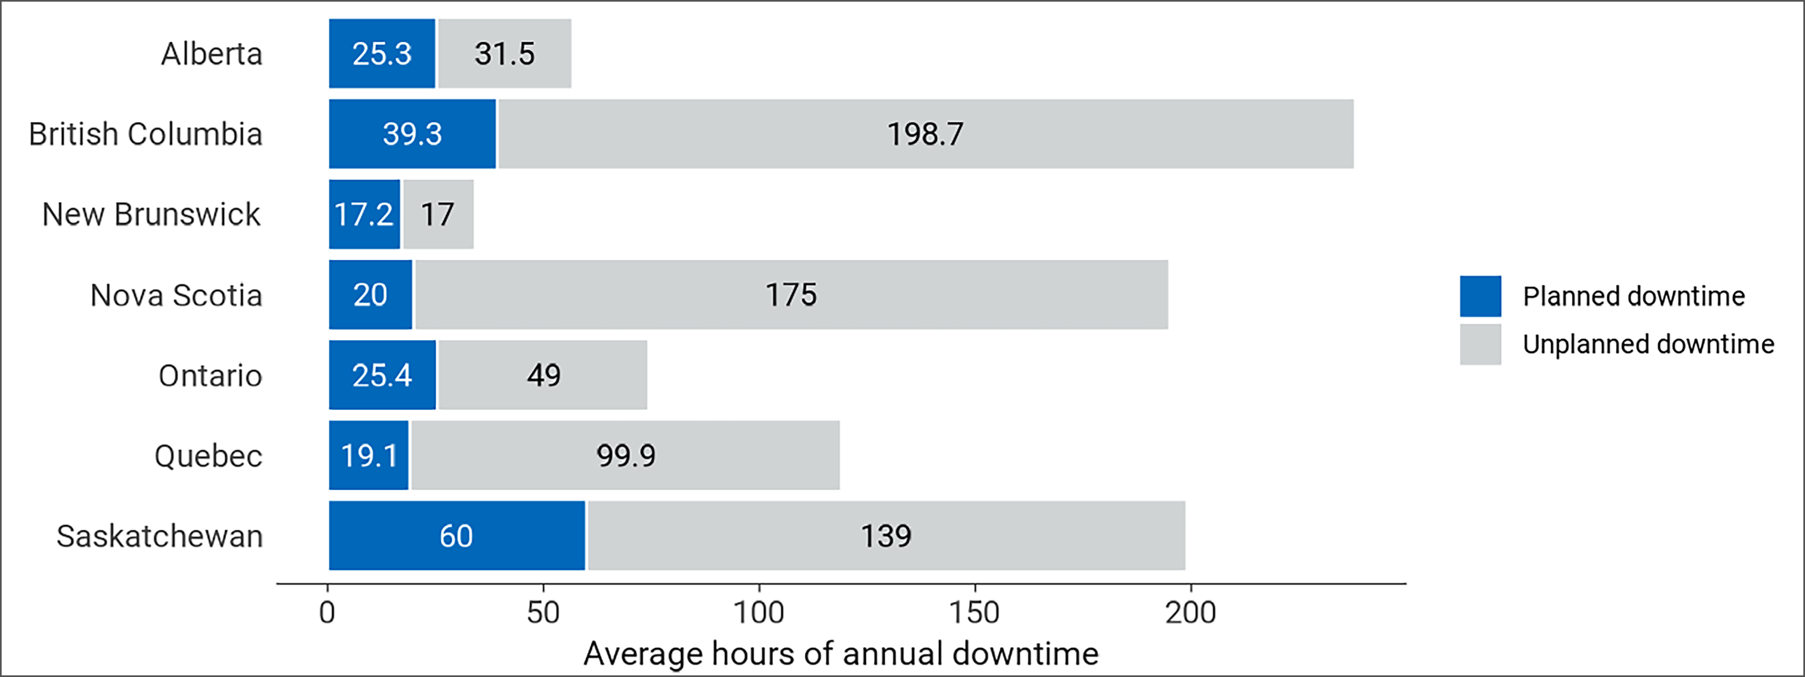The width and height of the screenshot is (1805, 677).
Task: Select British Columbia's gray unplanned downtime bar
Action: (x=925, y=134)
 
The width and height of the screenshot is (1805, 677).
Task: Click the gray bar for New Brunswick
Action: (x=438, y=214)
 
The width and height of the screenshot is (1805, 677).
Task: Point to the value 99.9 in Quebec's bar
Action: (x=626, y=456)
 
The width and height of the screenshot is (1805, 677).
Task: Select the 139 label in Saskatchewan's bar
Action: (x=886, y=536)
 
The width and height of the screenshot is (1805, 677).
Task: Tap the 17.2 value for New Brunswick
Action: (x=363, y=214)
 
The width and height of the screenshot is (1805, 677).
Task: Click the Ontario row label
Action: (x=210, y=376)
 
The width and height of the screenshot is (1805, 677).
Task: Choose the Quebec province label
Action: (x=208, y=456)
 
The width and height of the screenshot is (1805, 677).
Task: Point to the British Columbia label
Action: (x=145, y=134)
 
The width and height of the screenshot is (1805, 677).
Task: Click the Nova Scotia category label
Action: (x=176, y=295)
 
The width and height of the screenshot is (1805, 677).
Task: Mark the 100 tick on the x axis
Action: (x=759, y=613)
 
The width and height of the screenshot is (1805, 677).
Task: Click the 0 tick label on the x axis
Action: (x=327, y=613)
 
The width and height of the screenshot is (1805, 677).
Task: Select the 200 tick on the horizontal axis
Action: (x=1191, y=613)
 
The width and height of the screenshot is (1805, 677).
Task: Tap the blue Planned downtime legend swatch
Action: (x=1480, y=296)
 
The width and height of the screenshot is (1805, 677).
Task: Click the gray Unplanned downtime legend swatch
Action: (x=1480, y=344)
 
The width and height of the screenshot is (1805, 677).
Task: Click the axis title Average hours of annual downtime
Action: (x=840, y=653)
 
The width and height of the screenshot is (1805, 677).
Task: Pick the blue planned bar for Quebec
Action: (x=368, y=456)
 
